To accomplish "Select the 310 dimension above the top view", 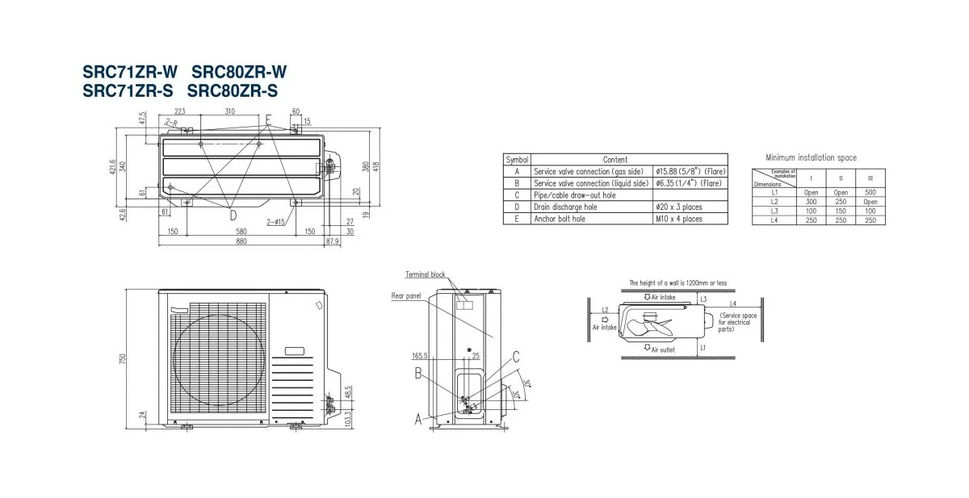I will [x=230, y=111].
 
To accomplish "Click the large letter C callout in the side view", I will [x=515, y=356].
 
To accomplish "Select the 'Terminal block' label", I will [x=426, y=274].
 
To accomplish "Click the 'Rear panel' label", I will [x=407, y=296].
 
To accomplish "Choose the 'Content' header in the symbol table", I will [x=615, y=160].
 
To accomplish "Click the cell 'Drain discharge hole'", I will [x=566, y=207].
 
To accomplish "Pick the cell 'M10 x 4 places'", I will [x=678, y=218].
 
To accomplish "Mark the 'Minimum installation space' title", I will [x=811, y=157].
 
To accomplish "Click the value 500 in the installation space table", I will [x=869, y=192].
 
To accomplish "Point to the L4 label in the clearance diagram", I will [x=732, y=303].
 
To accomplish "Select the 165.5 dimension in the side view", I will [x=418, y=355].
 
